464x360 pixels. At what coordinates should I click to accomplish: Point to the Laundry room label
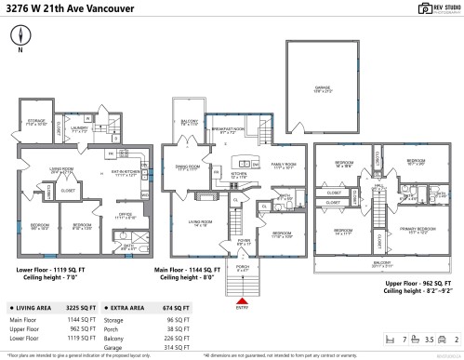(x=79, y=129)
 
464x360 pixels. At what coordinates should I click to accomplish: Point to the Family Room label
(x=283, y=166)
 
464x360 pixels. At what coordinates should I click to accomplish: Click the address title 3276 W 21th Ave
(x=61, y=10)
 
